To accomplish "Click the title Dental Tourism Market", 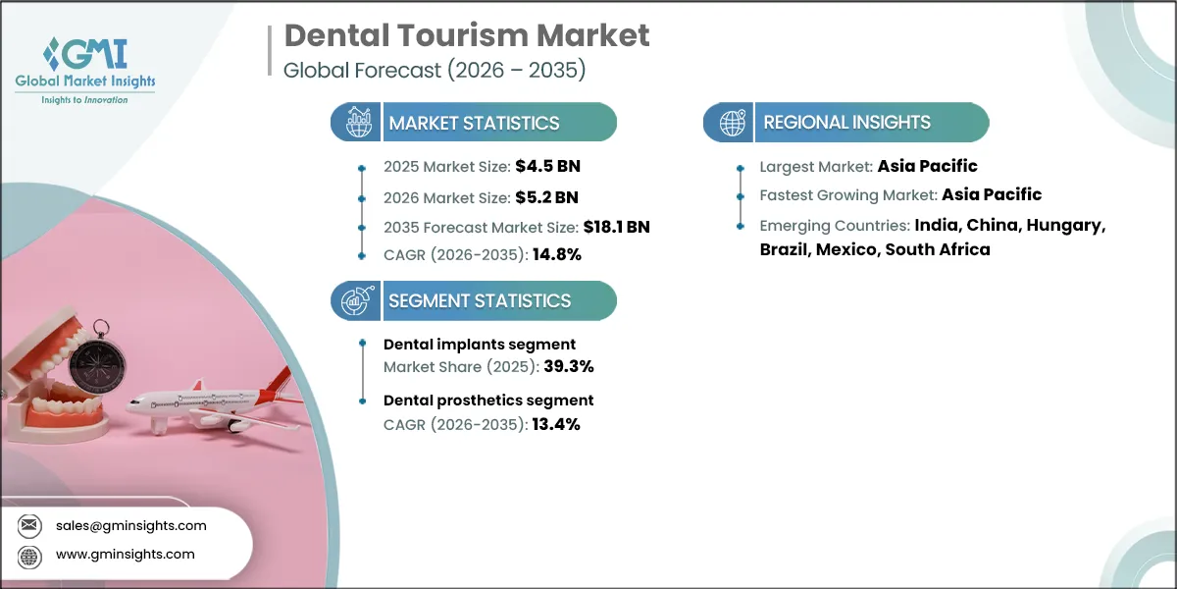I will tap(466, 36).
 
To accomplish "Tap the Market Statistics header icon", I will tap(355, 123).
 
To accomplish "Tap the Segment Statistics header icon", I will tap(355, 300).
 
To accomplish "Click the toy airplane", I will tap(211, 402).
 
